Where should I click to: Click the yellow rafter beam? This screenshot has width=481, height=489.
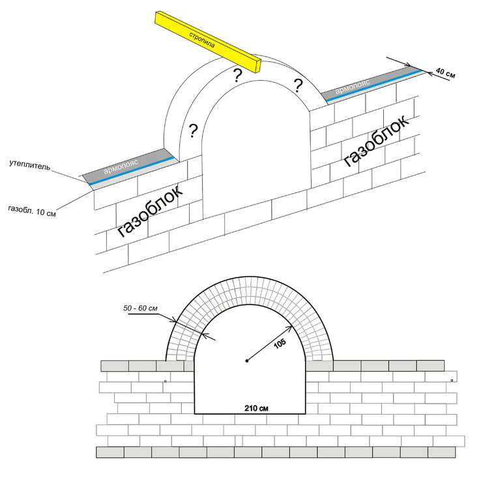[208, 42]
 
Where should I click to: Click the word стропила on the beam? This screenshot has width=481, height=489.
[202, 40]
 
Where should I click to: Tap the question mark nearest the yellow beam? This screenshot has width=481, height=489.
[238, 76]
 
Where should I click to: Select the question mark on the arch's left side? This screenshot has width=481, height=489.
[194, 131]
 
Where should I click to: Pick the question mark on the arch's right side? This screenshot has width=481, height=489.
[298, 85]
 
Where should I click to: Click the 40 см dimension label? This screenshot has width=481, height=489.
[445, 72]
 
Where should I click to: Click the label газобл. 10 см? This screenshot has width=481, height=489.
[32, 211]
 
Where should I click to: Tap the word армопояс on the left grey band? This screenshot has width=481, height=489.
[121, 166]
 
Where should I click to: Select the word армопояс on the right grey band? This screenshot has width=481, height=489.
[353, 86]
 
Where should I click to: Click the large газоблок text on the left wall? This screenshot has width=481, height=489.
[150, 211]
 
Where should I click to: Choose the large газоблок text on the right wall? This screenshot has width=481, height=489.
[376, 141]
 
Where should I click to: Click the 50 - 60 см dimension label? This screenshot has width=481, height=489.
[140, 308]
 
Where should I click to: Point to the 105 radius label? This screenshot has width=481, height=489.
[280, 344]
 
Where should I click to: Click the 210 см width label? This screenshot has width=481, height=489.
[256, 408]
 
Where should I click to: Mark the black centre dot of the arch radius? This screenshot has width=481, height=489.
[247, 361]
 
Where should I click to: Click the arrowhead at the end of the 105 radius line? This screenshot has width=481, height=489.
[290, 327]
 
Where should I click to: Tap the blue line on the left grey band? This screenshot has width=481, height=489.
[132, 171]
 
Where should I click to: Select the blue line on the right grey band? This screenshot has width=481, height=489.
[373, 85]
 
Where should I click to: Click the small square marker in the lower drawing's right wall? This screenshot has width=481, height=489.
[452, 381]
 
